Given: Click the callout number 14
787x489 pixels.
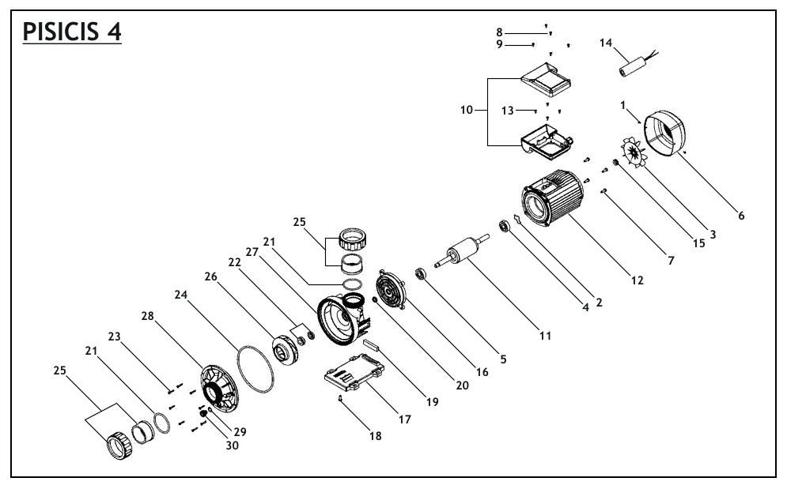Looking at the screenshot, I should coord(607,43).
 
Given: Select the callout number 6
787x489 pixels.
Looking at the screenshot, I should coord(741,215).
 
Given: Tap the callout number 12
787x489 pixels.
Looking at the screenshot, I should coord(637,280).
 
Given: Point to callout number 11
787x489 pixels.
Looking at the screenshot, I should coord(545,335).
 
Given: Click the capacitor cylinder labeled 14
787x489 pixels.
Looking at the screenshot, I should coord(633,67).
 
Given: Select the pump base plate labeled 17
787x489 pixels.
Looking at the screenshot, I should coord(354,371).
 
